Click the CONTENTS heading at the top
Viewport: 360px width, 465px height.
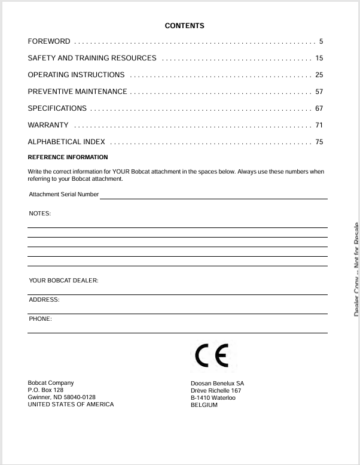click(x=184, y=26)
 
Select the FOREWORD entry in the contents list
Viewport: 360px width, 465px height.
click(x=49, y=41)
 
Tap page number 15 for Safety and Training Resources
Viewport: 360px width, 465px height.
click(x=319, y=58)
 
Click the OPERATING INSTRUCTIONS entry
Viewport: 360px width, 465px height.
click(x=76, y=75)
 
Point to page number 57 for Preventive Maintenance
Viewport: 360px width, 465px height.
click(x=319, y=92)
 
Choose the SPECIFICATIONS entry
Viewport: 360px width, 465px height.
click(x=57, y=108)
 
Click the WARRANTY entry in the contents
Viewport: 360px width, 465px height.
click(x=48, y=125)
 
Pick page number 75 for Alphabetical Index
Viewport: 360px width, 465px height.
click(x=319, y=142)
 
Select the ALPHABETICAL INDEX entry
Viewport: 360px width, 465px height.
click(x=66, y=142)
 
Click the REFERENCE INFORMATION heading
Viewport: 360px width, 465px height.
click(x=68, y=157)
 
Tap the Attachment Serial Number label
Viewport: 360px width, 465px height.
click(x=63, y=194)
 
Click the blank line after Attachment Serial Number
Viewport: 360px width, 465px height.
click(x=213, y=196)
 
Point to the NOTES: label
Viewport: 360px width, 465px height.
click(x=40, y=214)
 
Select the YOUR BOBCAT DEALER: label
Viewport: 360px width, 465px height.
click(x=63, y=281)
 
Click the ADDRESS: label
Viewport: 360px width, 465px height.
click(x=44, y=300)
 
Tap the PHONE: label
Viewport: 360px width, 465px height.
click(x=40, y=319)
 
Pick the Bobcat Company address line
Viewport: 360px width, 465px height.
click(x=51, y=383)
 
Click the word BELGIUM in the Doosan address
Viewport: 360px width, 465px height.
click(x=204, y=405)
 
